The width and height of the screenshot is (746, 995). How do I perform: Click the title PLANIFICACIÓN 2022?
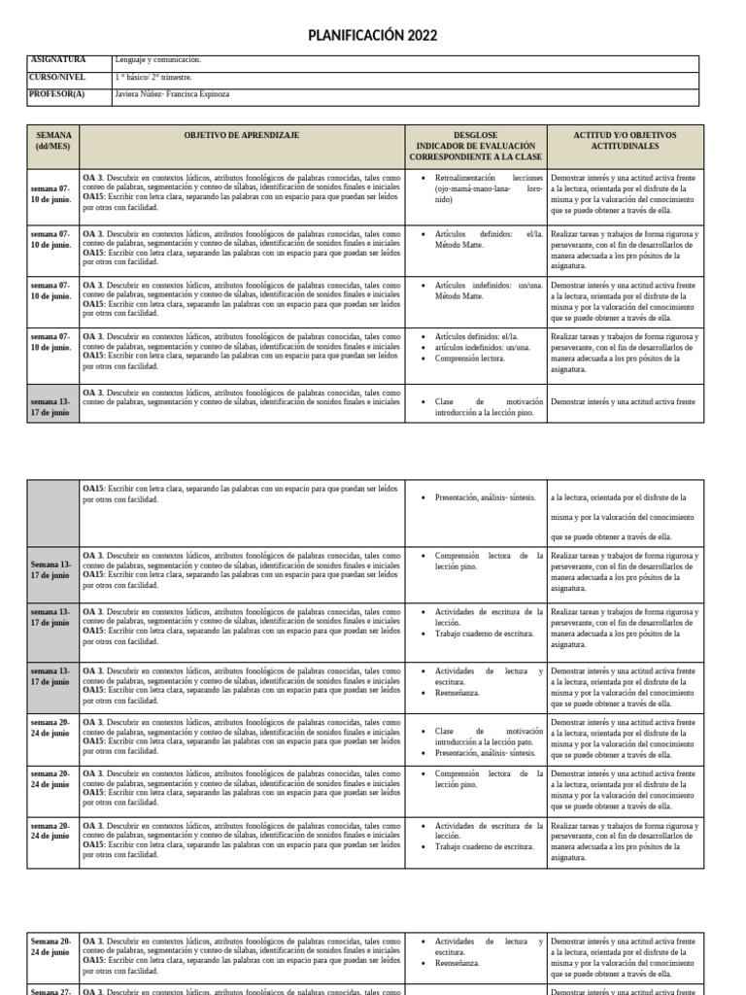point(372,36)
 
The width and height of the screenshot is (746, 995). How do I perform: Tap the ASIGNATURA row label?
point(58,60)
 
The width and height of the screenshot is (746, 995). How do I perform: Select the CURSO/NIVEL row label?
point(58,77)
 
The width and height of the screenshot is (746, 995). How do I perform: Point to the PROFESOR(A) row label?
point(58,94)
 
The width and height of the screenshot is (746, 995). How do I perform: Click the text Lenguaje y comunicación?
point(157,60)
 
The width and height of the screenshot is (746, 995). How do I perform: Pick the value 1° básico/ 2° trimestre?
point(153,77)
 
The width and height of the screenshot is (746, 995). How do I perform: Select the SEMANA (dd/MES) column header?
point(52,140)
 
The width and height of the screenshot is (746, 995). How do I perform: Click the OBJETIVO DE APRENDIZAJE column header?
point(242,135)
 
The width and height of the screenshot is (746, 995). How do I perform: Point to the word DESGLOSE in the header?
point(475,135)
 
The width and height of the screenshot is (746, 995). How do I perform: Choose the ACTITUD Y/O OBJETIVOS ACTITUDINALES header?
point(625,140)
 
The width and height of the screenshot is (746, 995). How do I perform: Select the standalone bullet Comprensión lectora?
point(469,358)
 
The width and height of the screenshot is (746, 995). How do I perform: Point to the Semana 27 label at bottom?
point(51,991)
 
